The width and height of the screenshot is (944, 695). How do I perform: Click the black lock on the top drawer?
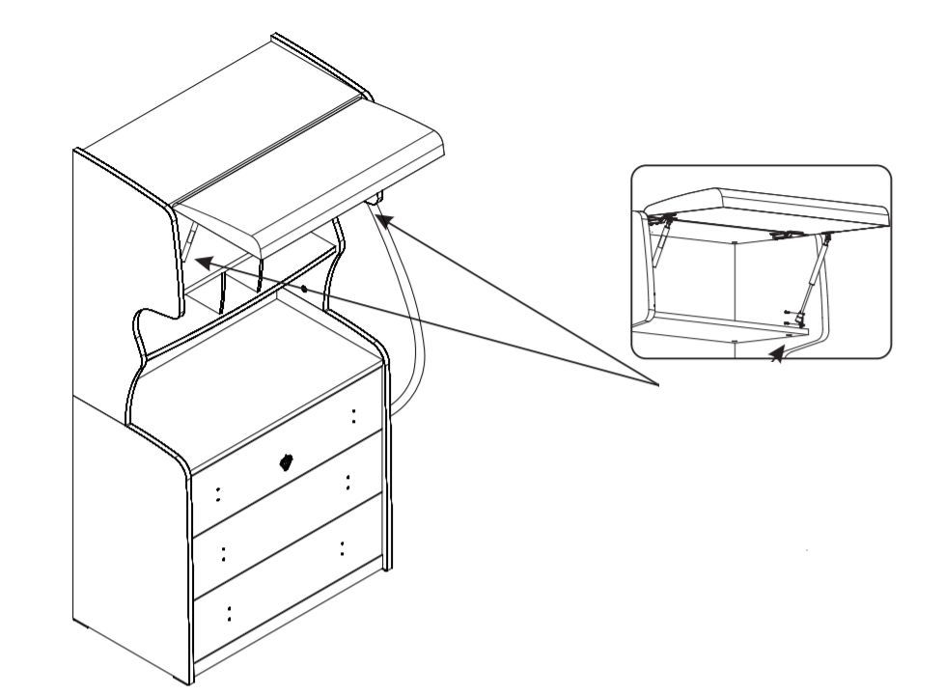(x=286, y=461)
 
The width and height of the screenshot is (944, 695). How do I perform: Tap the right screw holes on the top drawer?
(x=353, y=415)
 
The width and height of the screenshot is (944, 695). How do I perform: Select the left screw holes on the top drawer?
(x=218, y=494)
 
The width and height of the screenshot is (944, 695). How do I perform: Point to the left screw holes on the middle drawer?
(x=224, y=554)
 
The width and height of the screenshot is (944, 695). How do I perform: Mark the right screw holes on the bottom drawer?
(x=342, y=548)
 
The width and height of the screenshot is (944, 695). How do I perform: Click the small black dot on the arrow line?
(x=304, y=288)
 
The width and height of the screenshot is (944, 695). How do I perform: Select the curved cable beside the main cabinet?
(x=410, y=319)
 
